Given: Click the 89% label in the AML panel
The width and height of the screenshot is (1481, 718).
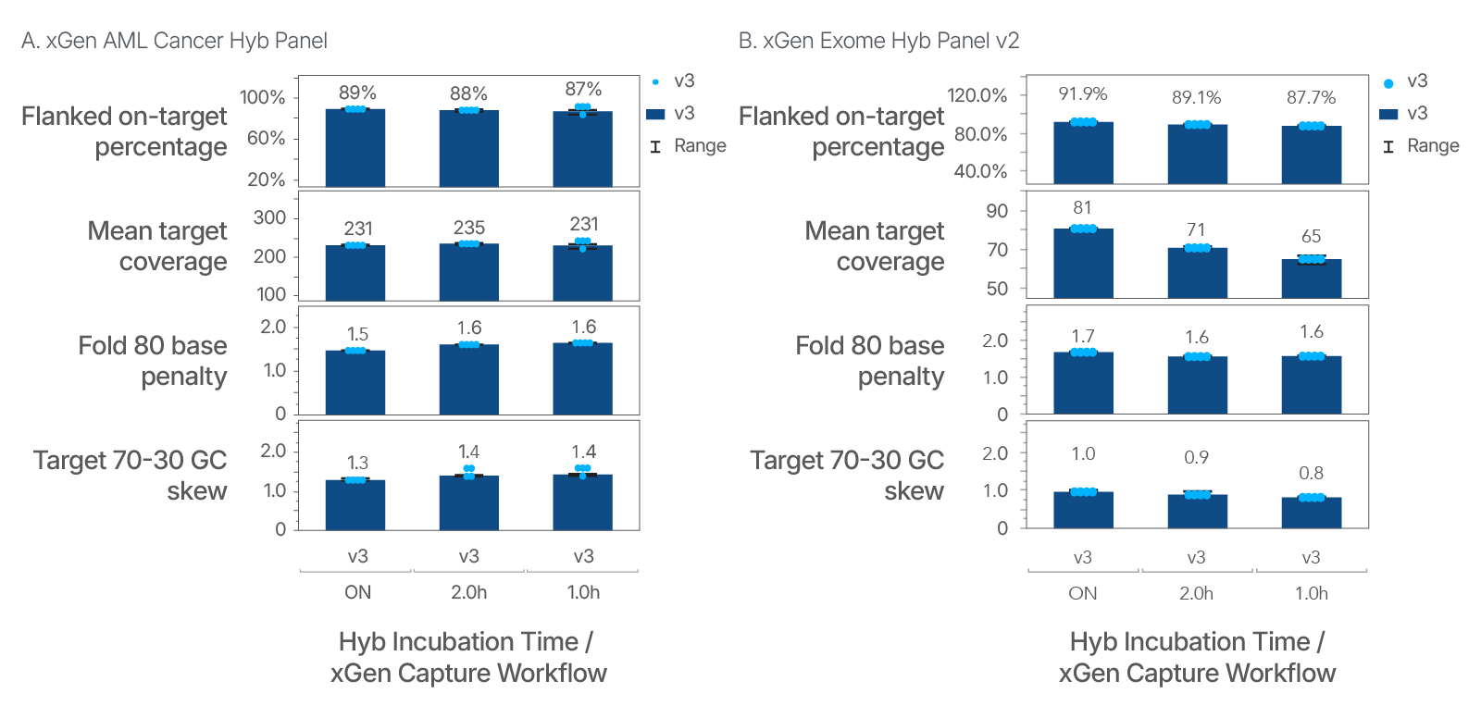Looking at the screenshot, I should point(357,93).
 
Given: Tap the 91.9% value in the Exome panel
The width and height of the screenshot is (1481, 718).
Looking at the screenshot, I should point(1082,93).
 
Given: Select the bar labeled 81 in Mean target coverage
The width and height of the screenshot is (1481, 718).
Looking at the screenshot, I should point(1083,264).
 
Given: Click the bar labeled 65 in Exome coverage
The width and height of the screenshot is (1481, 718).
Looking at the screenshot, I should point(1311,279).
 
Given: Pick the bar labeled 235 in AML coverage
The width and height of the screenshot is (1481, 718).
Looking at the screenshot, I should point(468,272).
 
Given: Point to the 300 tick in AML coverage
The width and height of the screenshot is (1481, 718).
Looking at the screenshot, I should point(269,217).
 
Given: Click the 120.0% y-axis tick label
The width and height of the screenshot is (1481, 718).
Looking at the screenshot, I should point(977,95).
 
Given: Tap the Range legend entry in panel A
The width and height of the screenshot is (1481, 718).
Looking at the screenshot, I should point(699,146).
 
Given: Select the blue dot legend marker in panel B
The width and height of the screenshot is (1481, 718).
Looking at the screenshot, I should point(1388,83).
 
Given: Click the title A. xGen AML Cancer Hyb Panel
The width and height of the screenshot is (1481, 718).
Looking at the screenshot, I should point(174,41).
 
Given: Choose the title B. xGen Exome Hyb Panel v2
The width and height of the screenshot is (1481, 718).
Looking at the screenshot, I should point(878,41).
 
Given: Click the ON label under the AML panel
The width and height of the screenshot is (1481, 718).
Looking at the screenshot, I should point(357,592).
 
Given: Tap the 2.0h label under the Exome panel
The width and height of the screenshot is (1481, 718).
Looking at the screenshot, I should point(1196,593).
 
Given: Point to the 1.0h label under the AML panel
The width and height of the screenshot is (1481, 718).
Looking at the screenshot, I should point(583,592).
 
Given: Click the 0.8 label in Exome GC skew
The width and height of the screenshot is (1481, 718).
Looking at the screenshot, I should point(1311,473).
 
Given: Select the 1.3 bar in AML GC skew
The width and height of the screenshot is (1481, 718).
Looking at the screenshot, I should point(355,505).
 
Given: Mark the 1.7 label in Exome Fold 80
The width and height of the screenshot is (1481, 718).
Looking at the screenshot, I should point(1082,336).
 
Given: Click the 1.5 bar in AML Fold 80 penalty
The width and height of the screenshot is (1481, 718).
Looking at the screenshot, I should point(355,382).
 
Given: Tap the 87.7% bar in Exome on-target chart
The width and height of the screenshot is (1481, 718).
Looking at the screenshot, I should point(1311,155).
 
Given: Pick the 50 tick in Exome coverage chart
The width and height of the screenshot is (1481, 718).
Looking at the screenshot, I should point(997,289).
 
